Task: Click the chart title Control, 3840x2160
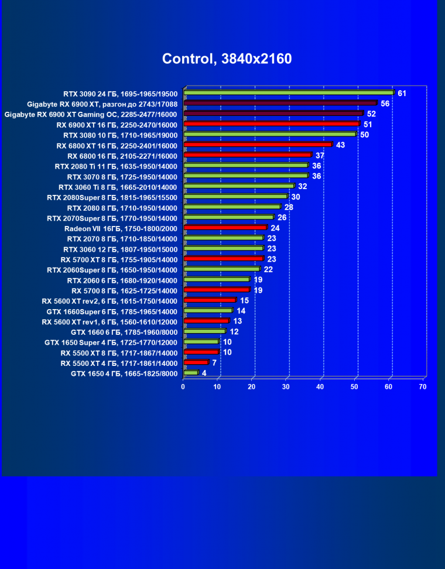(x=227, y=59)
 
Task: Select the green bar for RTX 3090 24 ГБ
(x=288, y=92)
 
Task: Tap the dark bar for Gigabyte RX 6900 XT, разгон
(x=280, y=103)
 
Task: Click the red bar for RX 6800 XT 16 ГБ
(x=258, y=145)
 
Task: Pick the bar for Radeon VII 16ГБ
(x=225, y=228)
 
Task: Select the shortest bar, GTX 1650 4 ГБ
(x=191, y=373)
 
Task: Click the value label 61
(x=402, y=93)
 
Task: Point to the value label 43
(x=340, y=145)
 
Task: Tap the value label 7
(x=214, y=363)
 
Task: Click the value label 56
(x=385, y=104)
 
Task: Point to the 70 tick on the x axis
(x=423, y=387)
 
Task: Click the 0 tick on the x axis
(x=183, y=387)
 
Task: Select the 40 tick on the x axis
(x=320, y=387)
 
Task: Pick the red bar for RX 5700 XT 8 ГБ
(x=223, y=259)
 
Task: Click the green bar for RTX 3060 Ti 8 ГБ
(x=238, y=186)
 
